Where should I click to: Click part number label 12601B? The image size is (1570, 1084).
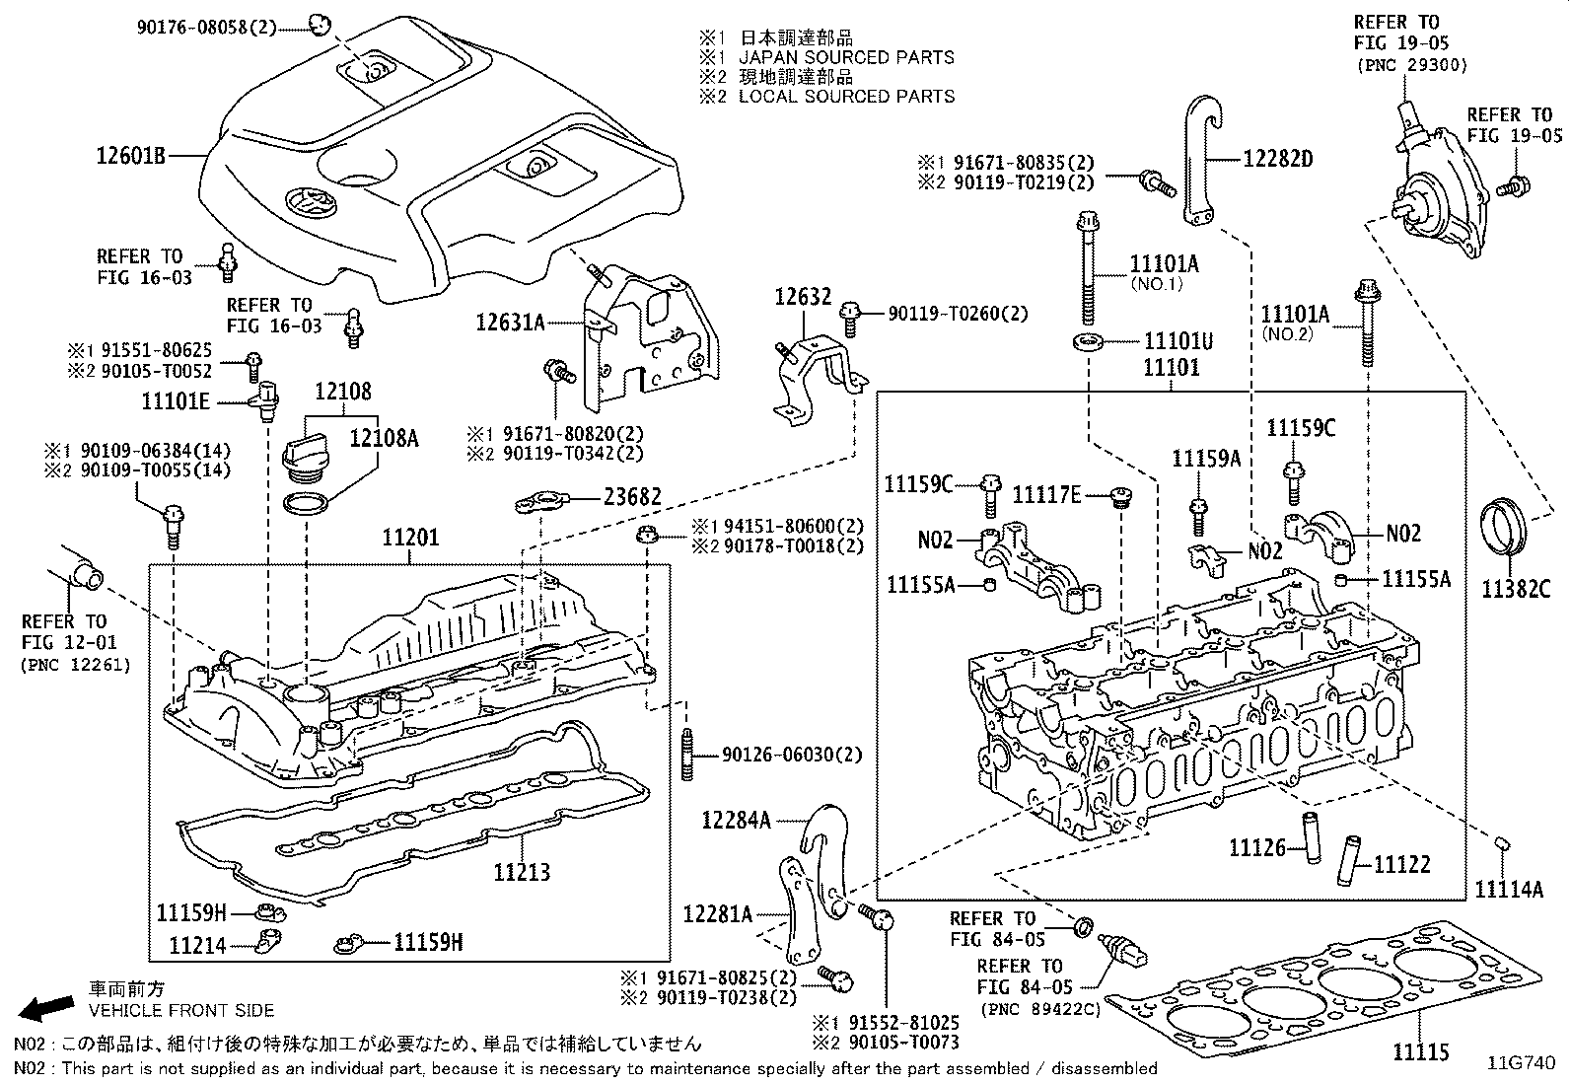[x=130, y=155]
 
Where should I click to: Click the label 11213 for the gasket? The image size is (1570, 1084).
[x=522, y=872]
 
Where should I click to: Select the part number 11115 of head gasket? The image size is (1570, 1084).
[x=1421, y=1052]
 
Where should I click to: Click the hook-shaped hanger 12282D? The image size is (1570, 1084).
[x=1200, y=163]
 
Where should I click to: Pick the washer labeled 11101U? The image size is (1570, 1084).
[x=1086, y=342]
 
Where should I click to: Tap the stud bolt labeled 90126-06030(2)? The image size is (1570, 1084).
[x=685, y=757]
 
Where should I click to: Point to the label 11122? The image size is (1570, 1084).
[x=1401, y=865]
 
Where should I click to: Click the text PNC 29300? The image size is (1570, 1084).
[x=1411, y=65]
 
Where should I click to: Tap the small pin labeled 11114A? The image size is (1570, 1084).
[x=1503, y=843]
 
